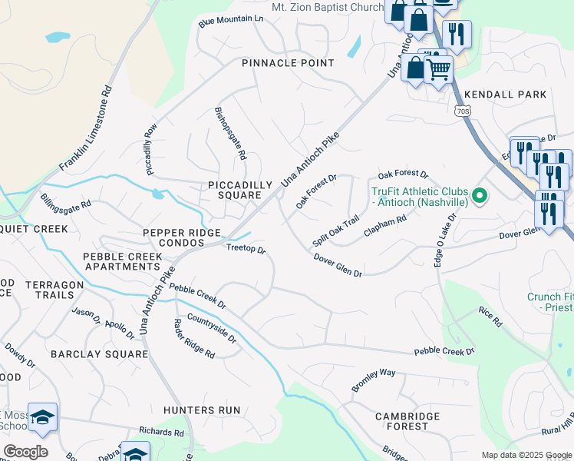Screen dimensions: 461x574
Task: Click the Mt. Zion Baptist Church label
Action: pyautogui.click(x=327, y=7)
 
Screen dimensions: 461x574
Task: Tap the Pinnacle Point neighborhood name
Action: pyautogui.click(x=288, y=63)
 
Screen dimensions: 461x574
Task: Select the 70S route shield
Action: pyautogui.click(x=462, y=111)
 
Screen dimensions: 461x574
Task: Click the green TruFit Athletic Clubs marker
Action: pyautogui.click(x=480, y=196)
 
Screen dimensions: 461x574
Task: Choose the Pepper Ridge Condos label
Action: pyautogui.click(x=182, y=238)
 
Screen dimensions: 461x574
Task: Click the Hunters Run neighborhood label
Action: pyautogui.click(x=202, y=410)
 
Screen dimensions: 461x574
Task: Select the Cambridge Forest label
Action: pyautogui.click(x=407, y=421)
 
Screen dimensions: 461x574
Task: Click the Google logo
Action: pyautogui.click(x=25, y=452)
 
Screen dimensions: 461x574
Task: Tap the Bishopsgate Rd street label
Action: pyautogui.click(x=231, y=133)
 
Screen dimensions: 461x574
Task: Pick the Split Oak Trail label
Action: pyautogui.click(x=336, y=231)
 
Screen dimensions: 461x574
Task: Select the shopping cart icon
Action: pyautogui.click(x=438, y=71)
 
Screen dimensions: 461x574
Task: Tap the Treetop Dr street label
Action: pyautogui.click(x=246, y=250)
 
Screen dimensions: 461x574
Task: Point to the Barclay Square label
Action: pyautogui.click(x=99, y=354)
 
